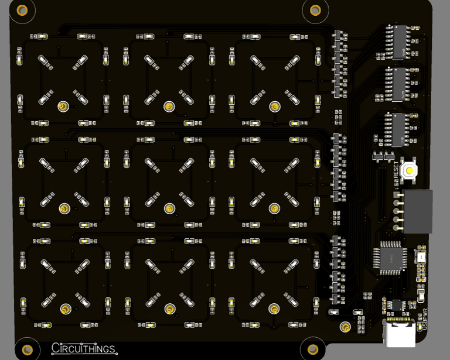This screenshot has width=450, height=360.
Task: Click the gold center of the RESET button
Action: (x=410, y=170)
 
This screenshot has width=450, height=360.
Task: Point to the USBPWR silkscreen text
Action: (x=425, y=321)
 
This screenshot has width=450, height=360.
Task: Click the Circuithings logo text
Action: (x=83, y=349)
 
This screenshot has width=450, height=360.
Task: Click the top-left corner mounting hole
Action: (x=22, y=10)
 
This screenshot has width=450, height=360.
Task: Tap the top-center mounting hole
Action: (x=315, y=10)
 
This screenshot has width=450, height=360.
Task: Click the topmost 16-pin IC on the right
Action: (x=400, y=42)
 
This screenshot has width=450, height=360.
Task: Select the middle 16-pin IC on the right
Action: (x=400, y=84)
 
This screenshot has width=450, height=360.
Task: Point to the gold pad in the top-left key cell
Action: (x=62, y=107)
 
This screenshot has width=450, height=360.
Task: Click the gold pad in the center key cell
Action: (x=169, y=208)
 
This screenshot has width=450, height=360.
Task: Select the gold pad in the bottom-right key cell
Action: (x=274, y=308)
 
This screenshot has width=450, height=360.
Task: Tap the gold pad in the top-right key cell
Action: (x=274, y=107)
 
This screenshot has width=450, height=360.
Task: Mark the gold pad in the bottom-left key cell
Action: (x=65, y=308)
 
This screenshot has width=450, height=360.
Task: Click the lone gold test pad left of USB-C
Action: (x=346, y=327)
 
